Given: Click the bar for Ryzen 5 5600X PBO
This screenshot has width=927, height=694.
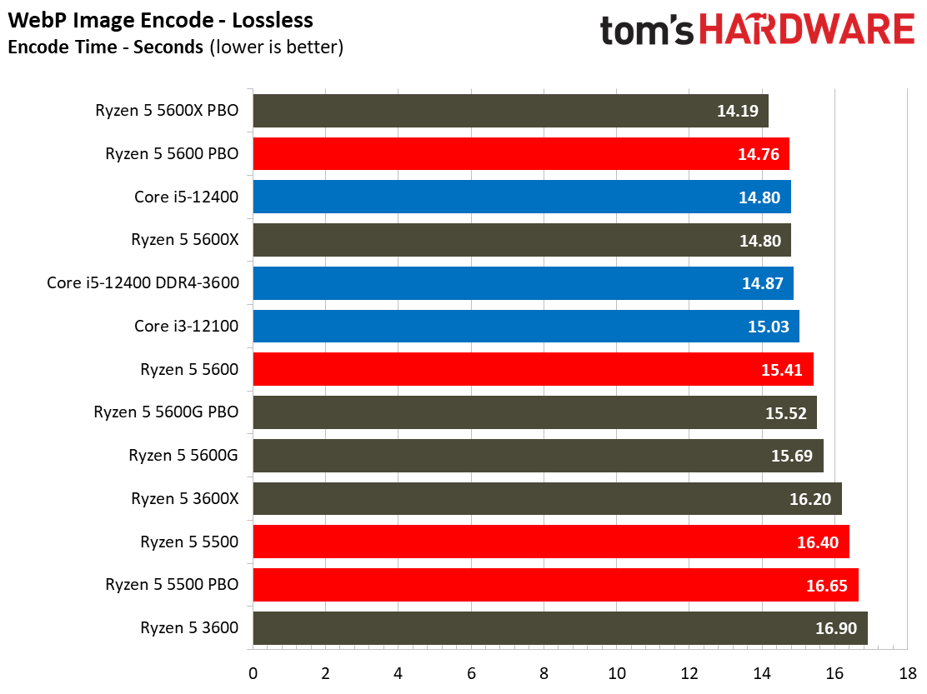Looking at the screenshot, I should (x=510, y=110).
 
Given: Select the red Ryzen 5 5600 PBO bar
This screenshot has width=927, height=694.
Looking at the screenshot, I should (x=520, y=153).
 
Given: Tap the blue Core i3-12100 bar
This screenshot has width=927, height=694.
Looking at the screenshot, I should (x=525, y=326).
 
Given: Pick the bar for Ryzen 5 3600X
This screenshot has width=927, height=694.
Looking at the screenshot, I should (x=547, y=499).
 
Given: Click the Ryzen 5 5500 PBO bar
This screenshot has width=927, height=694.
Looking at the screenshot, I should (x=555, y=585).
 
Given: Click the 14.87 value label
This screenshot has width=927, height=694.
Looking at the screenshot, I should (x=762, y=283).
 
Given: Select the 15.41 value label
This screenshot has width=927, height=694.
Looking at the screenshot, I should (x=781, y=369).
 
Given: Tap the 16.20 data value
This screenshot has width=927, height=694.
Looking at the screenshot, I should (x=809, y=499).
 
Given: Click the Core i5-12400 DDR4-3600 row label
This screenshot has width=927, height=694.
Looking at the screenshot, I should (x=143, y=283).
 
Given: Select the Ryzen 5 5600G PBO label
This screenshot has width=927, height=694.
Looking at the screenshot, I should (x=166, y=412).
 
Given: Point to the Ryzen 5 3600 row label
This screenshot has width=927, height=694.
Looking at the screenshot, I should (x=189, y=628).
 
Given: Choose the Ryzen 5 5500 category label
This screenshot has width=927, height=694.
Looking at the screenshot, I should (x=189, y=542).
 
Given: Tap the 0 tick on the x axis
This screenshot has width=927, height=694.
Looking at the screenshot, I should (x=253, y=672).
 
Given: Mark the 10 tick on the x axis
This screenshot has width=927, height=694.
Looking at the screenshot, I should (x=617, y=672).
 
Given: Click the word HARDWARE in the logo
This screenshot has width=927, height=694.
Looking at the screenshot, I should (x=806, y=31).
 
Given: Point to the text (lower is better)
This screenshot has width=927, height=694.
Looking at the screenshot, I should (x=276, y=47).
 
